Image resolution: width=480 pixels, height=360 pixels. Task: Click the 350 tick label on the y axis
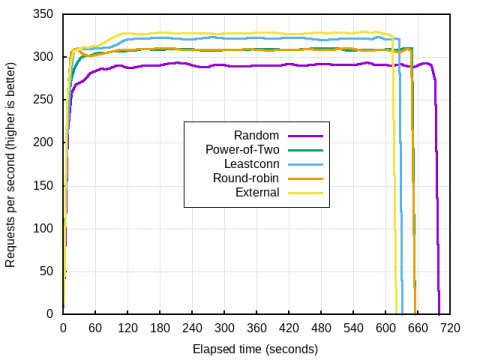(x=43, y=15)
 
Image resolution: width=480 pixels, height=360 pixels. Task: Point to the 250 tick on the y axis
(x=43, y=100)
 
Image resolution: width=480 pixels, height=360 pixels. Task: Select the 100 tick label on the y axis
(x=43, y=228)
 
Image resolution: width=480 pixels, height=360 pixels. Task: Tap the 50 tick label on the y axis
(x=47, y=271)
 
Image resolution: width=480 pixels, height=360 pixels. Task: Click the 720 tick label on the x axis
(x=449, y=327)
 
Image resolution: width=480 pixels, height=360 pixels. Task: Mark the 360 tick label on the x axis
(x=256, y=327)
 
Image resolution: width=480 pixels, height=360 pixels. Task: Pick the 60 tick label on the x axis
(x=95, y=327)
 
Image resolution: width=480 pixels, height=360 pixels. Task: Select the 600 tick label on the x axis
(x=385, y=327)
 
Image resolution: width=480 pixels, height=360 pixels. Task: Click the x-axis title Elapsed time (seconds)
(x=255, y=349)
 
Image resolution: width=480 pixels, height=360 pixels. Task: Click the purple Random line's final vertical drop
(x=438, y=200)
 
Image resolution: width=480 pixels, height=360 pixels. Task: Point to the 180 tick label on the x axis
(x=159, y=327)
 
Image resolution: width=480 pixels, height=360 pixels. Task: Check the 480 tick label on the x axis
(x=320, y=327)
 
